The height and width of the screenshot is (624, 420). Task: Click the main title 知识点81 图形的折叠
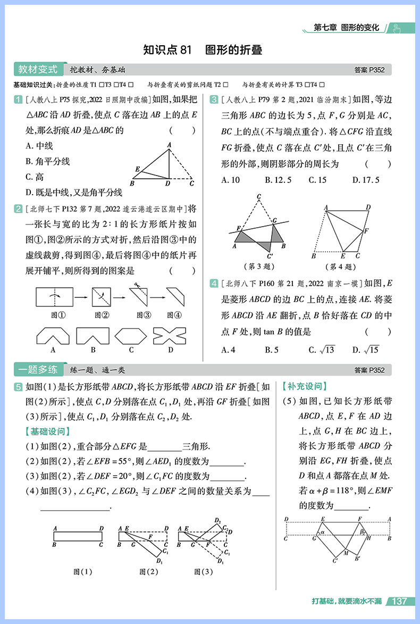point(203,51)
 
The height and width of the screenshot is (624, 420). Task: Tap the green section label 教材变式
point(37,70)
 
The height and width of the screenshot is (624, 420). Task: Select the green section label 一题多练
point(37,370)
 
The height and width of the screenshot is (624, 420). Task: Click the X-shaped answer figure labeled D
point(170,335)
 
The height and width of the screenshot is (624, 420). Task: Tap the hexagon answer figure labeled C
point(131,335)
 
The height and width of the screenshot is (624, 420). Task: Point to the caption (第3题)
point(257,266)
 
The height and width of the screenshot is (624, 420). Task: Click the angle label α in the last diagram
point(322,531)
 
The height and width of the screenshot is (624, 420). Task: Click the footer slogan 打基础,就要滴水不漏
point(347,601)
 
